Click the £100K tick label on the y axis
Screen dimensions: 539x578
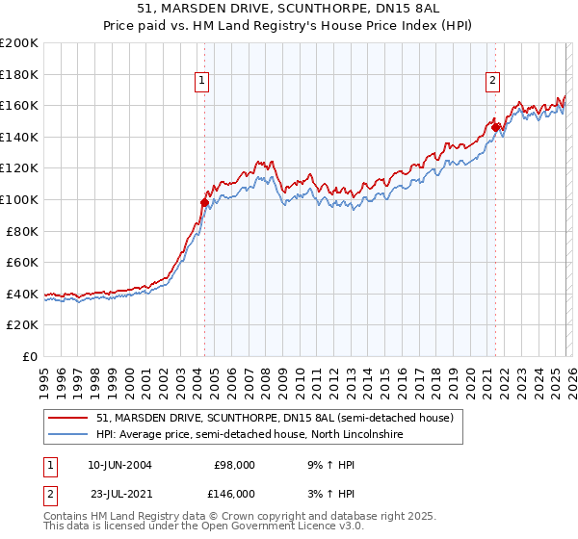pyautogui.click(x=19, y=199)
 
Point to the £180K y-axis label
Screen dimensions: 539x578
pyautogui.click(x=19, y=74)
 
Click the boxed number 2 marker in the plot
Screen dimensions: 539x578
pyautogui.click(x=492, y=82)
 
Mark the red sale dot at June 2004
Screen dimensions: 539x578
pyautogui.click(x=204, y=202)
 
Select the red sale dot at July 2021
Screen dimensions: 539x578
pyautogui.click(x=496, y=126)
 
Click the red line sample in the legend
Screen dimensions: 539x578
pyautogui.click(x=68, y=418)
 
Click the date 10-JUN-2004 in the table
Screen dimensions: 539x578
pyautogui.click(x=119, y=464)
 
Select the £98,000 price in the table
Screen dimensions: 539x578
pyautogui.click(x=235, y=464)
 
